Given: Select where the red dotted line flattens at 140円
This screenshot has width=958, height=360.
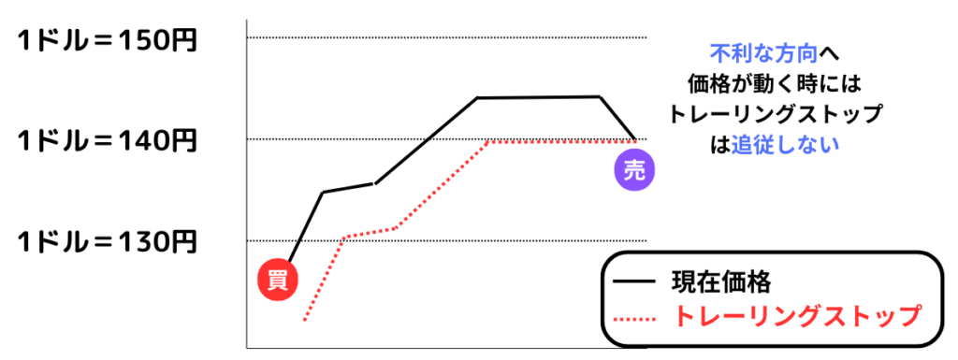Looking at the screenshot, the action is click(x=487, y=141).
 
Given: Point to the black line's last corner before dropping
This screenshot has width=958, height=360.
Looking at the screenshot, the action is click(x=599, y=96).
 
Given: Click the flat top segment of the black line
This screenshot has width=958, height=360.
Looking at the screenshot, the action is click(x=538, y=97).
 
